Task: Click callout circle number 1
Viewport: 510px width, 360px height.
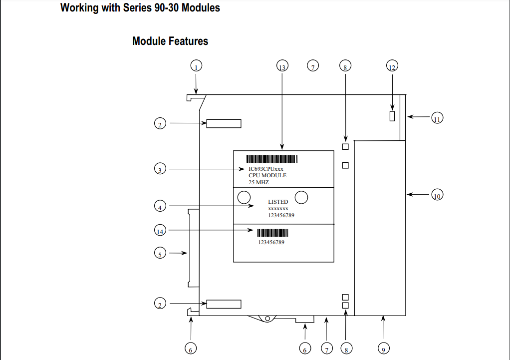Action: coord(196,66)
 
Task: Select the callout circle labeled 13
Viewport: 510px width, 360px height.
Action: coord(282,66)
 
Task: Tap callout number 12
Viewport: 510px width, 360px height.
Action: coord(392,66)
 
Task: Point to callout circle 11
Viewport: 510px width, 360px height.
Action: coord(437,119)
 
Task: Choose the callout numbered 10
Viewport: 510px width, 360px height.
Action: coord(437,195)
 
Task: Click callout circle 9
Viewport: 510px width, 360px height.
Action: coord(383,349)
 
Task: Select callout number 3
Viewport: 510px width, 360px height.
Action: coord(160,170)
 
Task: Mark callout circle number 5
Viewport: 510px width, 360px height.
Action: coord(160,254)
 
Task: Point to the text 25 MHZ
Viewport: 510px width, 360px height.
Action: coord(258,182)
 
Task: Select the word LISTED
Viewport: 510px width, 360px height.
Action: coord(278,202)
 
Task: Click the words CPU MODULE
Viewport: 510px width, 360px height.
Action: coord(267,176)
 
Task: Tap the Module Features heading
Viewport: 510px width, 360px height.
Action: coord(170,41)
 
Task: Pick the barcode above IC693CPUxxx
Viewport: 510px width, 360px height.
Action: coord(272,159)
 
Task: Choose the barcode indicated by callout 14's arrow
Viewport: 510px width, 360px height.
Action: coord(273,233)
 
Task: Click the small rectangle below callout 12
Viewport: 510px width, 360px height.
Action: coord(392,116)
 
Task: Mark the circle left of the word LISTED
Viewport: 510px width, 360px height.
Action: coord(244,197)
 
